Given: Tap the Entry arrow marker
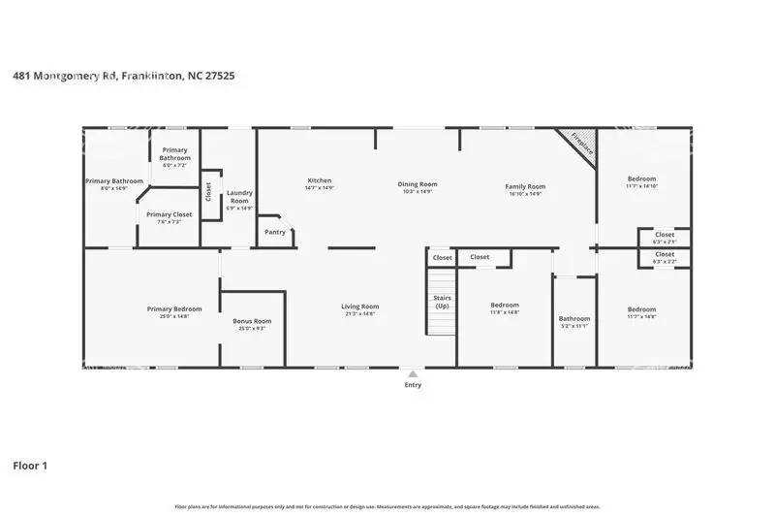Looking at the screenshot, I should pyautogui.click(x=414, y=372).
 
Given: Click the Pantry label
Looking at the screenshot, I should pyautogui.click(x=275, y=232).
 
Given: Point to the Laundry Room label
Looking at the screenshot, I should pyautogui.click(x=238, y=198).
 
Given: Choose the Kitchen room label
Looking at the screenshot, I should pyautogui.click(x=320, y=181).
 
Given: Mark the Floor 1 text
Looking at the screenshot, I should pyautogui.click(x=30, y=467).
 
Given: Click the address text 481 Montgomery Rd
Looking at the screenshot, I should pyautogui.click(x=66, y=75).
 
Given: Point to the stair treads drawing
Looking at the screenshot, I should pyautogui.click(x=442, y=312).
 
